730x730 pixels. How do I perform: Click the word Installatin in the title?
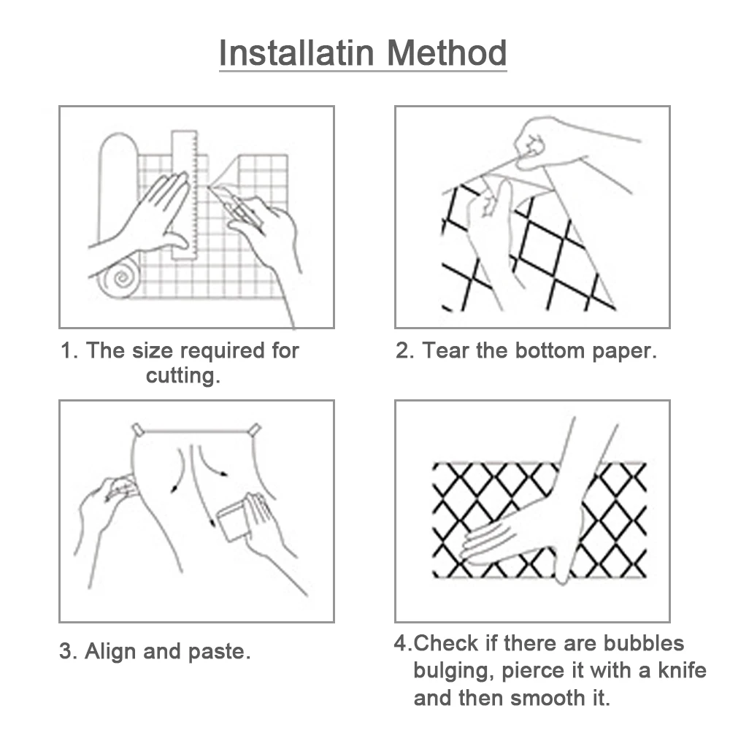tap(296, 53)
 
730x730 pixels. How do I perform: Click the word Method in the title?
tap(447, 53)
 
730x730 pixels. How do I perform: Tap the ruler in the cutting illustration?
tap(185, 194)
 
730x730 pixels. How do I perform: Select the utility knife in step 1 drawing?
tap(236, 207)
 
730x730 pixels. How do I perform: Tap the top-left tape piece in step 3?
tap(138, 429)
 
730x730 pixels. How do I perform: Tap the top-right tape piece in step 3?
tap(254, 430)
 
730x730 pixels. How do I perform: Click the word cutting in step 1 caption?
tap(183, 375)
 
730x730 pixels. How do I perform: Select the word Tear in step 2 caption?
tap(445, 350)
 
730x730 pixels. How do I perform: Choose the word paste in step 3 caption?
tap(219, 652)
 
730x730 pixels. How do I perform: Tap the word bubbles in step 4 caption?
tap(644, 643)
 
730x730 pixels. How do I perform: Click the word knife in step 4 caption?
tap(682, 670)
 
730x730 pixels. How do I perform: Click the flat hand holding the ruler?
tap(149, 219)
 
